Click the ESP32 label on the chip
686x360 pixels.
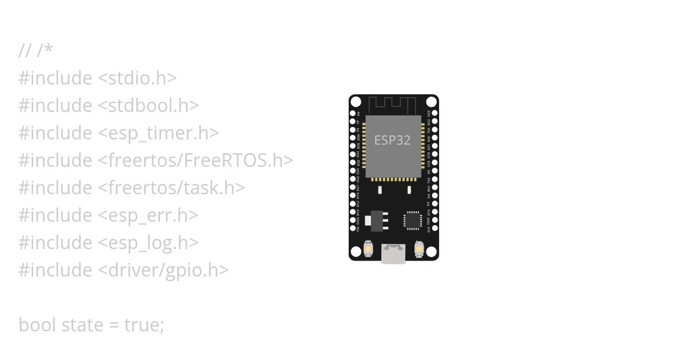pyautogui.click(x=392, y=140)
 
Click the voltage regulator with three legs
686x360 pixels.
pyautogui.click(x=378, y=220)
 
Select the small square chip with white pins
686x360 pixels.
pyautogui.click(x=412, y=220)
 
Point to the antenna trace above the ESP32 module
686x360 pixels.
pyautogui.click(x=392, y=105)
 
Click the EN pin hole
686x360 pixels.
pyautogui.click(x=353, y=114)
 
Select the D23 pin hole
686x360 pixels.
pyautogui.click(x=434, y=114)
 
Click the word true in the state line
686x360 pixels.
pyautogui.click(x=144, y=325)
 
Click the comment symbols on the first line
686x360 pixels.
pyautogui.click(x=35, y=51)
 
